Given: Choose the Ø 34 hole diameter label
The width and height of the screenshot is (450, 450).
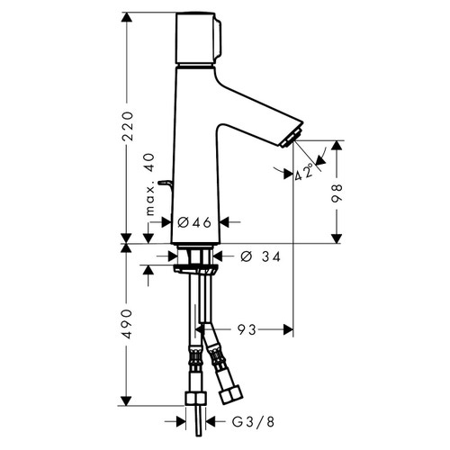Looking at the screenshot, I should pos(258,257).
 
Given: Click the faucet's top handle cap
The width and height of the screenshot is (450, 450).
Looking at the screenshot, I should pos(196,39).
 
